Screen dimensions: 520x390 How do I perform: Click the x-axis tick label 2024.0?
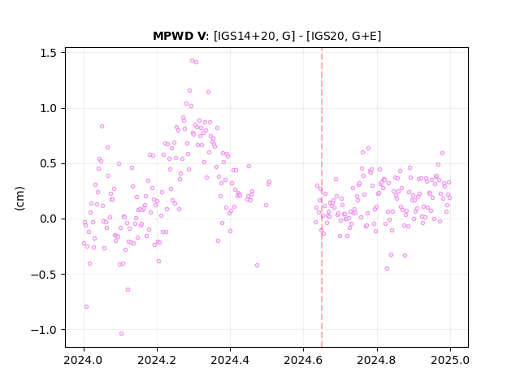click(x=84, y=360)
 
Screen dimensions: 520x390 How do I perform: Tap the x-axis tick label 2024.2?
click(x=157, y=360)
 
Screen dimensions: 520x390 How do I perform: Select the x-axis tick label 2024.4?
click(x=230, y=360)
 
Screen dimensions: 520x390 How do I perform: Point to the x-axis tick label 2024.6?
click(x=303, y=360)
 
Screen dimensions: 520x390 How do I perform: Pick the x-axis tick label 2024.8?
click(x=377, y=360)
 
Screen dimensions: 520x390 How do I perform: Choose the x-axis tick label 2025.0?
click(x=450, y=360)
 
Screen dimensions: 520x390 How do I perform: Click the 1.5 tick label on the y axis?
click(x=49, y=53)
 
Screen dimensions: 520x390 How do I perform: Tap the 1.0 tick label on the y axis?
click(x=49, y=108)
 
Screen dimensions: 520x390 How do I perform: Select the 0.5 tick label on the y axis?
click(x=49, y=164)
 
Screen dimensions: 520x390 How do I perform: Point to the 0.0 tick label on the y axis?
click(x=49, y=219)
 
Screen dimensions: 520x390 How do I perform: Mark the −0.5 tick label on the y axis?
click(x=44, y=275)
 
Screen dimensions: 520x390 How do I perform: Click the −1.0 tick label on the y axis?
click(x=44, y=330)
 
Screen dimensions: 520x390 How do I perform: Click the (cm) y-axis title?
click(x=19, y=198)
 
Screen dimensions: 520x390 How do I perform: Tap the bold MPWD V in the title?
click(x=180, y=36)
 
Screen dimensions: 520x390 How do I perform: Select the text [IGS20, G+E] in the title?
click(x=344, y=36)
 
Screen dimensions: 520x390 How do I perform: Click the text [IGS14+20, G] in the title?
click(x=254, y=36)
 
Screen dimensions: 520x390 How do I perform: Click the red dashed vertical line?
click(x=322, y=197)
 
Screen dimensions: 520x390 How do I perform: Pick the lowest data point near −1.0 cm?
click(x=121, y=333)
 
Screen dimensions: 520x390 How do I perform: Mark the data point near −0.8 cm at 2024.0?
click(x=87, y=307)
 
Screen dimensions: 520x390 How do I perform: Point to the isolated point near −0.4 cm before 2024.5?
click(x=257, y=266)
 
